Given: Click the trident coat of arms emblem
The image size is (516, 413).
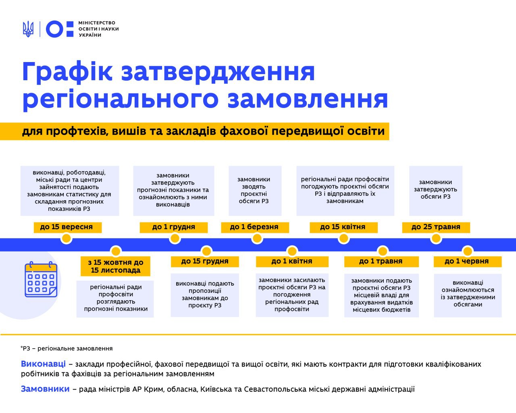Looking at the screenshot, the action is pos(28,29).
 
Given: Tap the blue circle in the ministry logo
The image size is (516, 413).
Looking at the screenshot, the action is pos(55,29).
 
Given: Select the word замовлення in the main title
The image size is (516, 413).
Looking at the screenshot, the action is pos(308,99).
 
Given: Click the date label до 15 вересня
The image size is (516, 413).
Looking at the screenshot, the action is pos(68,227).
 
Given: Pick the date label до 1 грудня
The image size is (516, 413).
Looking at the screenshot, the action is pos(174,227).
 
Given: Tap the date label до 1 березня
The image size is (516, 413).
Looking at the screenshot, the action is pos(255,227).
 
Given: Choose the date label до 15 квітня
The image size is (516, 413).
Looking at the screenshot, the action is pos(343,227).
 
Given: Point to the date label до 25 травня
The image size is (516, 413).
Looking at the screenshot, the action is pos(436,227).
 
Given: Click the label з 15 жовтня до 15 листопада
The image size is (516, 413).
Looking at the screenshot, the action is pos(115,266).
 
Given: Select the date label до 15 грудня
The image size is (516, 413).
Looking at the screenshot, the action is pos(205,261).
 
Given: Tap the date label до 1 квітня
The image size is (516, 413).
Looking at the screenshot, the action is pos(292,261).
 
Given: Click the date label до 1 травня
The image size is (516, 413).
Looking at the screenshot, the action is pos(381,261).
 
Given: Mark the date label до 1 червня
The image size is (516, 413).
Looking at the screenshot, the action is pos(468,261).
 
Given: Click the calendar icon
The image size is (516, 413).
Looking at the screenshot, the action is pos(41,279).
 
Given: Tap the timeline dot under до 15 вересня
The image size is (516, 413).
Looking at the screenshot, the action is pos(67,239).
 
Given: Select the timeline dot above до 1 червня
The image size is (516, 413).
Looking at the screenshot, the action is pos(468,251).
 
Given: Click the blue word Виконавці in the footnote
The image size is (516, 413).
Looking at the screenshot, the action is pos(44,364).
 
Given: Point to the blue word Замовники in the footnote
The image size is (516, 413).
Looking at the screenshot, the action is pos(45,389).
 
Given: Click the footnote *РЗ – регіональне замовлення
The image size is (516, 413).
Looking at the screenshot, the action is pos(67,348).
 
